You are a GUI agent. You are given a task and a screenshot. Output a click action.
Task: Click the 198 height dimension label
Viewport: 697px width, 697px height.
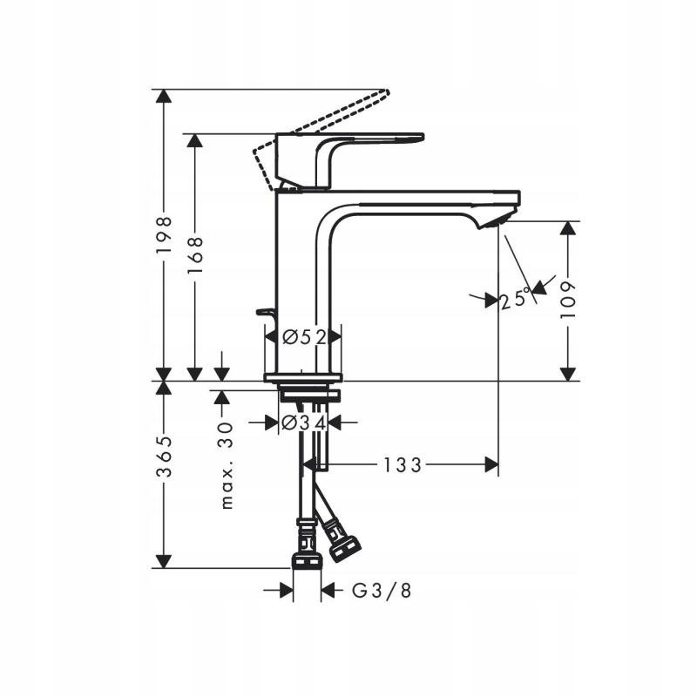pyautogui.click(x=164, y=235)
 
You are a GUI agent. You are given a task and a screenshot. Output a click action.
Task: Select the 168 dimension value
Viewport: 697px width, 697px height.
pyautogui.click(x=196, y=254)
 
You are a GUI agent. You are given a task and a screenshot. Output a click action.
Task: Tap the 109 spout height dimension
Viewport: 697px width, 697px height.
pyautogui.click(x=568, y=301)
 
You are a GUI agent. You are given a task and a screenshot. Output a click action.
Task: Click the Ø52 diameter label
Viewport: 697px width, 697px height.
pyautogui.click(x=303, y=337)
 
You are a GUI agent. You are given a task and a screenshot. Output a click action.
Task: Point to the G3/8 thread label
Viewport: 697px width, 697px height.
pyautogui.click(x=381, y=591)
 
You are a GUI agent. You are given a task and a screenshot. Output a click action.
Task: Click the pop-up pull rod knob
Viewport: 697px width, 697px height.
pyautogui.click(x=261, y=311)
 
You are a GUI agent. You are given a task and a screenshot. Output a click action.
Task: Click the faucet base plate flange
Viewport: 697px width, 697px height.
pyautogui.click(x=303, y=378)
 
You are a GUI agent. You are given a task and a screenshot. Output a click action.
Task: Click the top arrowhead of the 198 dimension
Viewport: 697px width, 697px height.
pyautogui.click(x=162, y=97)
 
